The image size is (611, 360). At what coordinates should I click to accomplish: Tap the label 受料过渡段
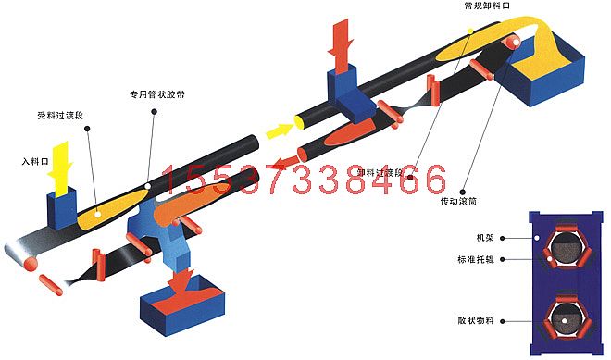click(60, 117)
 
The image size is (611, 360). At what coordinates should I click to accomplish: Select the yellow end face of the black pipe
click(302, 120)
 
